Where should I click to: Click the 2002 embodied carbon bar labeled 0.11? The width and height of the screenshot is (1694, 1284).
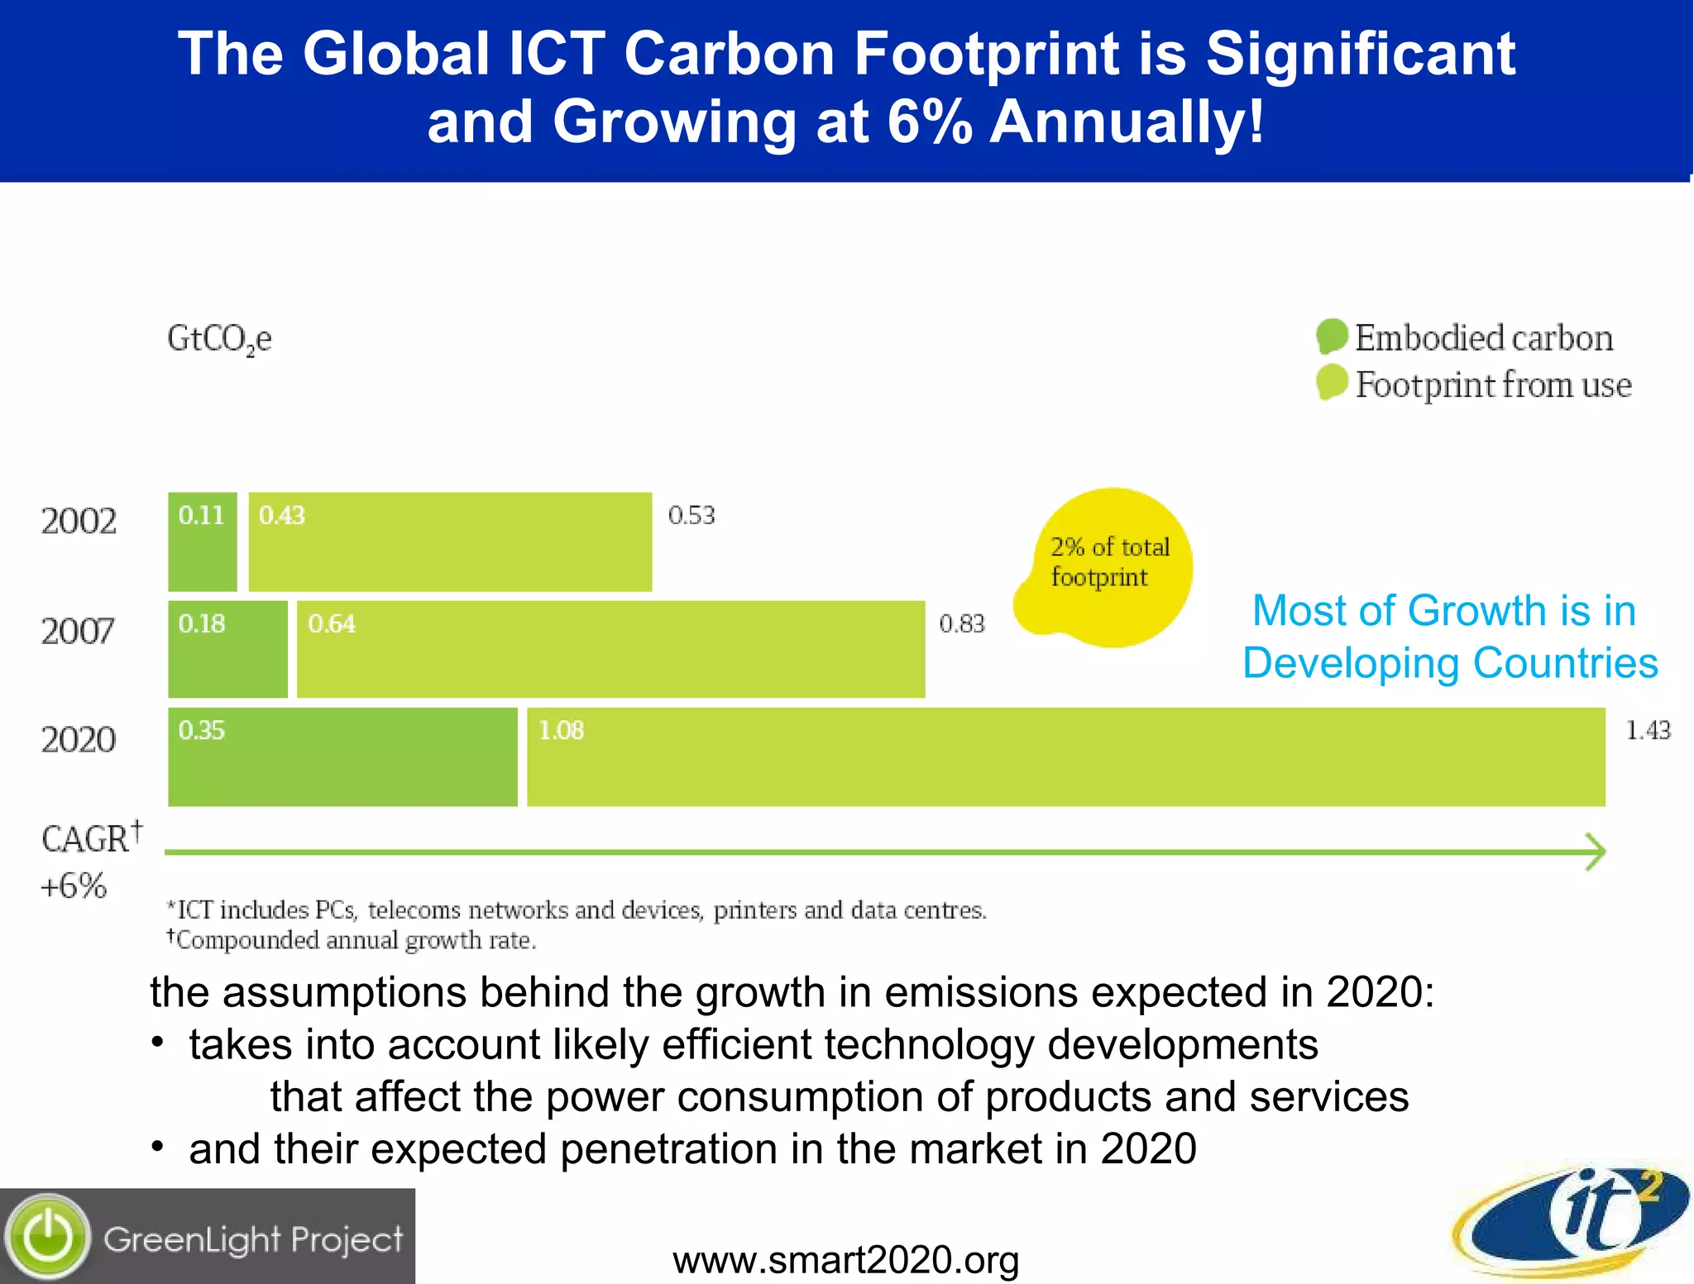click(203, 542)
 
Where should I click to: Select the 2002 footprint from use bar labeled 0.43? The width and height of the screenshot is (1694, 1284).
click(450, 542)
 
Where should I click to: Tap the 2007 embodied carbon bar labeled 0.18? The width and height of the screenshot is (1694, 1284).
click(227, 649)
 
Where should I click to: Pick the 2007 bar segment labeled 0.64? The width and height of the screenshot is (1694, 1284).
click(610, 649)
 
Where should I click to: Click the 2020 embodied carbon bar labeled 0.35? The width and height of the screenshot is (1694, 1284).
click(342, 757)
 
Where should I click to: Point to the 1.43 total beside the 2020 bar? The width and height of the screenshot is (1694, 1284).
click(1648, 730)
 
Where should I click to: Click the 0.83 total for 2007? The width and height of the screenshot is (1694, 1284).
click(961, 623)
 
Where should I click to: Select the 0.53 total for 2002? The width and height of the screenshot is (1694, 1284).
click(691, 515)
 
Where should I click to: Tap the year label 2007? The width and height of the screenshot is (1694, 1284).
click(79, 632)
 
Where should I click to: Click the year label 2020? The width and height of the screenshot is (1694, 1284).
click(79, 739)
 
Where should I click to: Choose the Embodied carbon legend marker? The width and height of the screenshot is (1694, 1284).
click(1332, 337)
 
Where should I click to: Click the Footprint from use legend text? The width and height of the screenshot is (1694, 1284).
click(1493, 385)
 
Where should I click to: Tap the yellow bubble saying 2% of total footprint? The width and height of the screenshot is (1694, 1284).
click(1109, 566)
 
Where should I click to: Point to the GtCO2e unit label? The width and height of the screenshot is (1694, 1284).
click(219, 339)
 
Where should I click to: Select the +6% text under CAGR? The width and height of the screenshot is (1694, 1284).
click(74, 886)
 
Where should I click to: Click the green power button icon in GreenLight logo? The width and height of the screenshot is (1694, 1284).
click(48, 1237)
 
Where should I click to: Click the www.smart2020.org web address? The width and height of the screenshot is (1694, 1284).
click(845, 1260)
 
